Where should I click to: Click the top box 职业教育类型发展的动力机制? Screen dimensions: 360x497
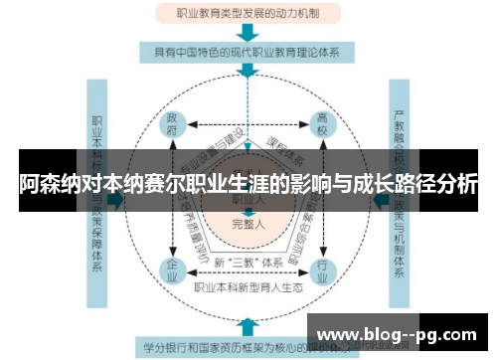[x=248, y=14]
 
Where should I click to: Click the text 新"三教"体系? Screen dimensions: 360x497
[x=248, y=263]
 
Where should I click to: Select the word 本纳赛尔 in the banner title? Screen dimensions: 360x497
[x=150, y=185]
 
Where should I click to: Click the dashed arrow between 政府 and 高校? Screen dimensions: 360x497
[x=248, y=126]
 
